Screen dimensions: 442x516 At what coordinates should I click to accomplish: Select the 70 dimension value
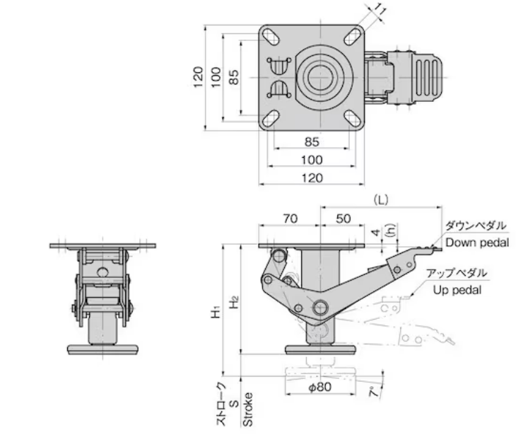pyautogui.click(x=290, y=219)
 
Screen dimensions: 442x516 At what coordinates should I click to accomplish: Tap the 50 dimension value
pyautogui.click(x=343, y=219)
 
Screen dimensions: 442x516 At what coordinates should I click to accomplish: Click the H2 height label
pyautogui.click(x=235, y=301)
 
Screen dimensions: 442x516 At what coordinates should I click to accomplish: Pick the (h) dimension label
pyautogui.click(x=388, y=231)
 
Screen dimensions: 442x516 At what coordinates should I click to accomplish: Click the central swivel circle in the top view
pyautogui.click(x=322, y=76)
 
